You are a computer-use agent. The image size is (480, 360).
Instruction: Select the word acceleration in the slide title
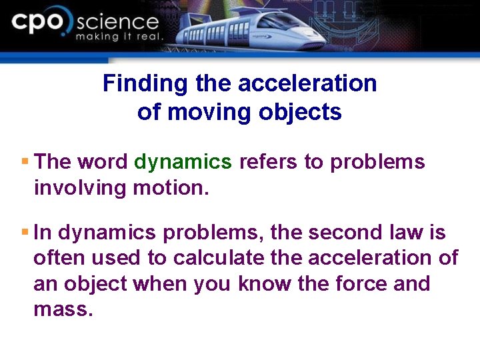pos(307,84)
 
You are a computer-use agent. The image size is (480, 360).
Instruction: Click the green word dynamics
pos(183,162)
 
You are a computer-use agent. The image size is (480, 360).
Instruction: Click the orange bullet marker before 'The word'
pos(25,161)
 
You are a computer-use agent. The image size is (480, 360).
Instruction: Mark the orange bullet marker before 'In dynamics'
pos(25,232)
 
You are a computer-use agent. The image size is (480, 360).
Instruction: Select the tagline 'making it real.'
pos(119,37)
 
